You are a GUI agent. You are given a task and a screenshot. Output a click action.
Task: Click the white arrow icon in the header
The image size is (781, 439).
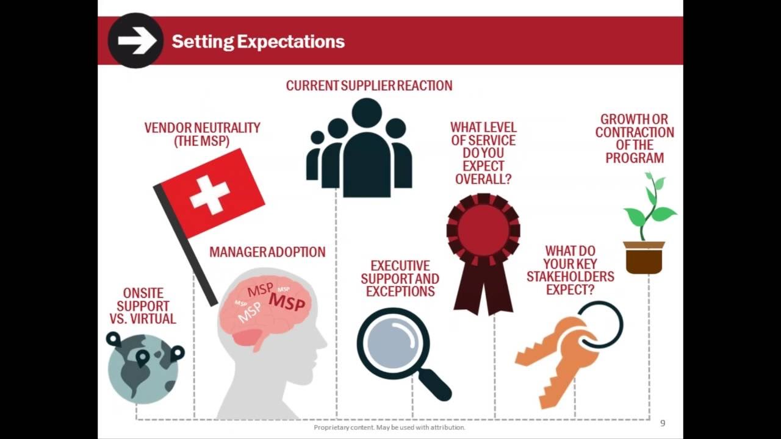tap(136, 41)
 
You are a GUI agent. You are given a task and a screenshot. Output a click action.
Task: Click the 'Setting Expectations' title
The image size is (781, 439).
tap(258, 41)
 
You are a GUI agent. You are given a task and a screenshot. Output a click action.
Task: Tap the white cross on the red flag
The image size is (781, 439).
tap(209, 195)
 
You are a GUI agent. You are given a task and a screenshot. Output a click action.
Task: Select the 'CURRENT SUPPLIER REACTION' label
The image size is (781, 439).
tap(369, 86)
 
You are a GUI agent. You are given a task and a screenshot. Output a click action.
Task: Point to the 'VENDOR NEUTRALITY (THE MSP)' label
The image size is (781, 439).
tap(202, 134)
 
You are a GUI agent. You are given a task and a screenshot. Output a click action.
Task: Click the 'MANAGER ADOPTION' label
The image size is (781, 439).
tap(267, 252)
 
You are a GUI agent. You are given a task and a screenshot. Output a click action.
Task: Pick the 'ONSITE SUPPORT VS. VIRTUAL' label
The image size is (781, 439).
tap(143, 306)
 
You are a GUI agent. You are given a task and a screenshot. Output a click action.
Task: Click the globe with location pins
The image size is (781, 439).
tap(143, 369)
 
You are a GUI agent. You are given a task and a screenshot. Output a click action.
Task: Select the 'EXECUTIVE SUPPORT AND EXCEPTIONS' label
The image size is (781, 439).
tap(400, 279)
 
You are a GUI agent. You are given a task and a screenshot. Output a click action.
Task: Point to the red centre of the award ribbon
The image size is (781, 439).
tap(483, 230)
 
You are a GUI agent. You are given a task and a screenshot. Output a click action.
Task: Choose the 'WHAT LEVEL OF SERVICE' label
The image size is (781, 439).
tap(483, 153)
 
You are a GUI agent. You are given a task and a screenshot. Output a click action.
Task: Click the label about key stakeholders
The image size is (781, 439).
tap(570, 270)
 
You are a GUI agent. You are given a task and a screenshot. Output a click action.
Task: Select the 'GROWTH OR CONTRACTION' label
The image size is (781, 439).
tap(635, 138)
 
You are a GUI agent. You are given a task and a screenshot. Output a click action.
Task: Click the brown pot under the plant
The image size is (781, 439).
tap(644, 257)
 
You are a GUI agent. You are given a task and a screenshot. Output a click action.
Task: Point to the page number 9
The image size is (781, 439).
tap(663, 423)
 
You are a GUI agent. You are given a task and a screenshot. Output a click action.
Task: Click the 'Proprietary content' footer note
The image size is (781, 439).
tap(389, 427)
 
